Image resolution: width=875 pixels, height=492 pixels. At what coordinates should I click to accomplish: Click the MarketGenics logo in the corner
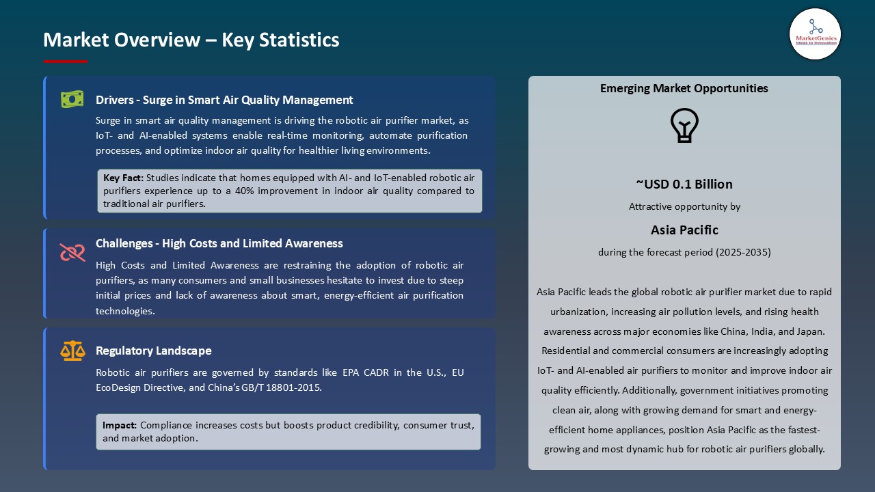(815, 33)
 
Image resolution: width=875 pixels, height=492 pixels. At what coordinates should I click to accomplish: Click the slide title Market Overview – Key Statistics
(191, 40)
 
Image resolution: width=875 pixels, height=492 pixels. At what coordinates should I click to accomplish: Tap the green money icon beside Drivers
(72, 100)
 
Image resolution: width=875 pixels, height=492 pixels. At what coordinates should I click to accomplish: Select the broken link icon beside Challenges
(72, 252)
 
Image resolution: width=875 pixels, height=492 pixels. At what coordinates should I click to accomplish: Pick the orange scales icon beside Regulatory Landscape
(72, 351)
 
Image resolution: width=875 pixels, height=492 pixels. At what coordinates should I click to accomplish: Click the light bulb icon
(684, 126)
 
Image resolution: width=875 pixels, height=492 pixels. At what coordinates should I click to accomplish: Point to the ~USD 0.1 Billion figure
(684, 184)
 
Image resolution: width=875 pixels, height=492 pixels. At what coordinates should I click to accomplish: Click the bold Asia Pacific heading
(684, 230)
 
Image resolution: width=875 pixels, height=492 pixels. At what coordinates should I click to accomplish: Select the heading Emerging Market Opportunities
(684, 88)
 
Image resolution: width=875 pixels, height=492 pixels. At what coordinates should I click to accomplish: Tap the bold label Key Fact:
(123, 178)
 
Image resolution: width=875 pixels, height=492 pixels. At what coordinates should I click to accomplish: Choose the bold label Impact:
(120, 425)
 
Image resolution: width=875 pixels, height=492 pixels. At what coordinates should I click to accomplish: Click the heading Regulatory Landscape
(153, 351)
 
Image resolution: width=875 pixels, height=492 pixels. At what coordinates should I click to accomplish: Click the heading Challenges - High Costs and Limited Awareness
(219, 243)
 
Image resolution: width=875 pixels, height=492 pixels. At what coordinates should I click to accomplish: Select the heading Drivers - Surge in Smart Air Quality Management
(224, 100)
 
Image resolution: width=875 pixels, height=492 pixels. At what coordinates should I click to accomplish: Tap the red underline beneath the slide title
(66, 61)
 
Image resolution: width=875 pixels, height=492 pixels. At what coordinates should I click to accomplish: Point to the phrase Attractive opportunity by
(684, 206)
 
